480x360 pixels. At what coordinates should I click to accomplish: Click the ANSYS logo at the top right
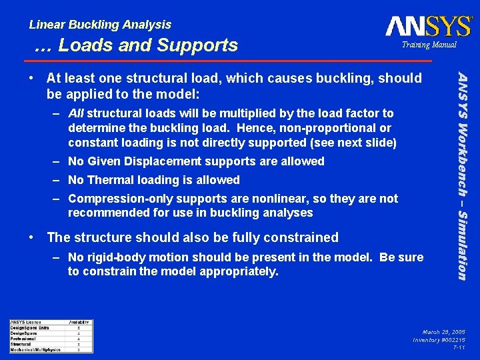tap(429, 26)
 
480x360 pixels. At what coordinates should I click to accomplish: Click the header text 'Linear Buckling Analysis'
tap(100, 25)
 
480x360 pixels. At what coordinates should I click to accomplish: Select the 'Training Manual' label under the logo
tap(429, 45)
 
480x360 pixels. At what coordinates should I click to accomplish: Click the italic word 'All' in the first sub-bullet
tap(76, 113)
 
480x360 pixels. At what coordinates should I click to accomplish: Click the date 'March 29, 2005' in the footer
tap(443, 331)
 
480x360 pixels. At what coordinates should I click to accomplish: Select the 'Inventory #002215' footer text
tap(439, 339)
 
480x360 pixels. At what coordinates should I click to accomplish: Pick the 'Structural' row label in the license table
tap(22, 344)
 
